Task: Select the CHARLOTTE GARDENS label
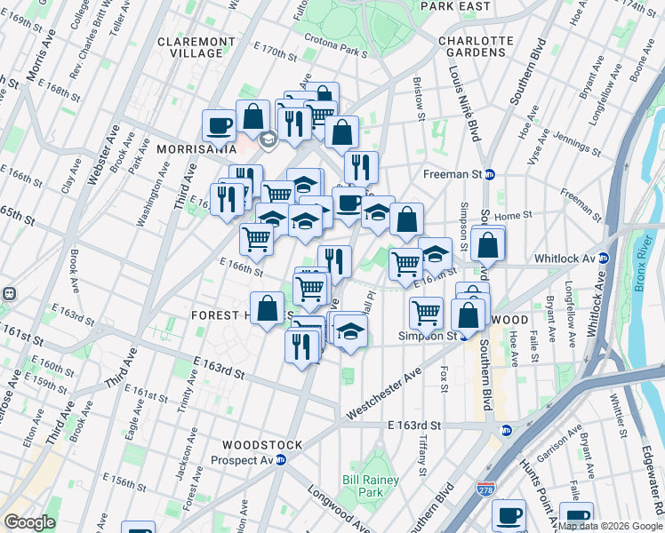coord(475,46)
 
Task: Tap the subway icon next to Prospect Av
coord(281,460)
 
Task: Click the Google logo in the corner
coord(28,522)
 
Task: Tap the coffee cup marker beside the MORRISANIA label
coord(219,125)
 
